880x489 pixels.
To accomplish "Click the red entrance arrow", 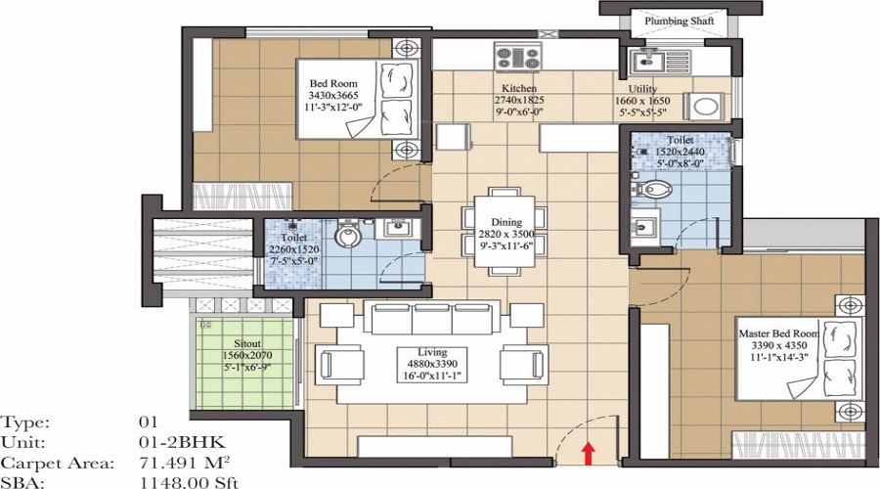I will coord(588,451).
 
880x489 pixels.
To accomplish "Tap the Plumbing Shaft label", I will coord(675,21).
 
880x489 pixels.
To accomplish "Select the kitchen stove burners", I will coord(518,57).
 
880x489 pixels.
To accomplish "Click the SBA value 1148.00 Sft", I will coord(188,481).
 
